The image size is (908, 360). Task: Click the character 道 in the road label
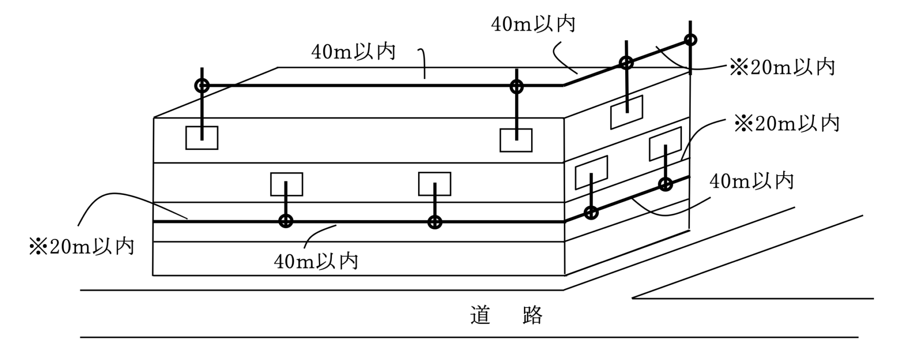480,316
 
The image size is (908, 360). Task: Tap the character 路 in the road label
533,316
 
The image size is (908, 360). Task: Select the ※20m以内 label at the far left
82,247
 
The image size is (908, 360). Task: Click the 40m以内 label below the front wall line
316,261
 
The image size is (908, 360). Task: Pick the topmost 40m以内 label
533,24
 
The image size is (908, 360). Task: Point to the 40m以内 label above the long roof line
353,52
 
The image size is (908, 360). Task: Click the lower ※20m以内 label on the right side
786,124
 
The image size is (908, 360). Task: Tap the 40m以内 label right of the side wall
751,181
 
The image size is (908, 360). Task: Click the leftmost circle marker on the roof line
202,86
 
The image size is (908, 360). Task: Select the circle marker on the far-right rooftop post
690,40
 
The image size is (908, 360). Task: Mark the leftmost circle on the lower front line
286,221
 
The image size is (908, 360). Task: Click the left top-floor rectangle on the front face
201,138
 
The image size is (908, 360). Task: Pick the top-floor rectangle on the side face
627,112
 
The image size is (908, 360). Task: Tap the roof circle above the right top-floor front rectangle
516,87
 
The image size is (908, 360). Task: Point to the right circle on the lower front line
435,222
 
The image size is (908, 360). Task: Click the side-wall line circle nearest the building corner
591,213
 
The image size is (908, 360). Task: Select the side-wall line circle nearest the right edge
665,184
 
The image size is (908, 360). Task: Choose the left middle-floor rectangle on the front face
286,184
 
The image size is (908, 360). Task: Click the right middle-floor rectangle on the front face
434,184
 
